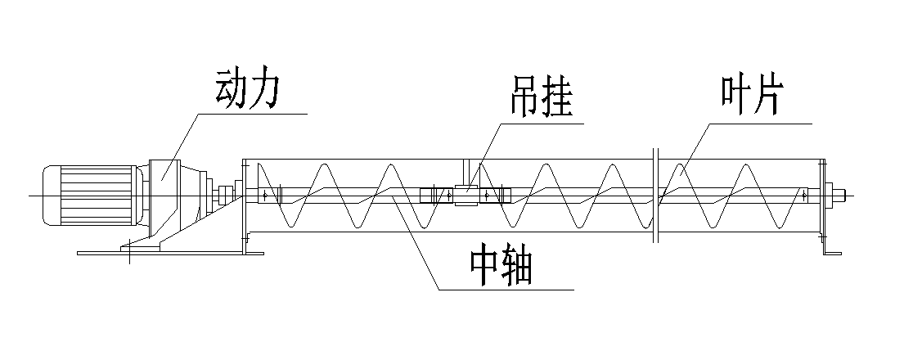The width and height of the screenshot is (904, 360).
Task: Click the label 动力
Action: pyautogui.click(x=249, y=90)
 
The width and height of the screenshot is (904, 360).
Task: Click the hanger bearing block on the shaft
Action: pyautogui.click(x=465, y=196)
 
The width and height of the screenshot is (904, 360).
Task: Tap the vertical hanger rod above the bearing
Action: pyautogui.click(x=463, y=172)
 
